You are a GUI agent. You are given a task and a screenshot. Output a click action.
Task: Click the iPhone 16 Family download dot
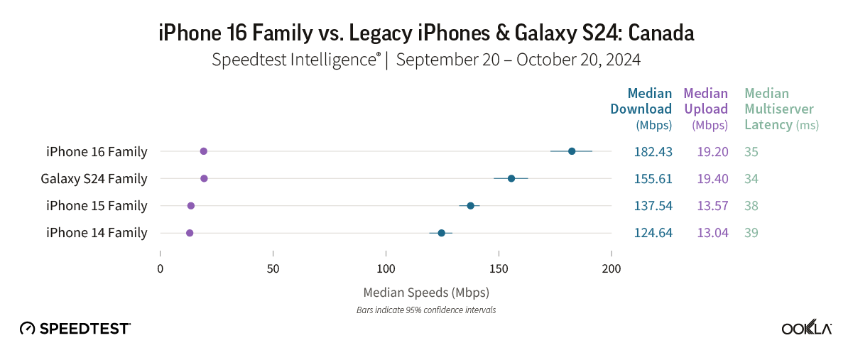pyautogui.click(x=572, y=151)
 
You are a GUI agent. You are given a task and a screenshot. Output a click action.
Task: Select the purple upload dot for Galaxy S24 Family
pyautogui.click(x=204, y=178)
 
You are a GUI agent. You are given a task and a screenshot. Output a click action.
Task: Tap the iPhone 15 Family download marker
pyautogui.click(x=470, y=206)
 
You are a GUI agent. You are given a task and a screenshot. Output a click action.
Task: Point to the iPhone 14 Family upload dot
pyautogui.click(x=190, y=233)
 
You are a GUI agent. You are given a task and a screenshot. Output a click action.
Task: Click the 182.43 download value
pyautogui.click(x=653, y=151)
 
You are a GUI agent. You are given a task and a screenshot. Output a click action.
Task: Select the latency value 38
pyautogui.click(x=751, y=206)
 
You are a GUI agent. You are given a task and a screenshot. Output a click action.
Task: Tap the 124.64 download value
pyautogui.click(x=653, y=233)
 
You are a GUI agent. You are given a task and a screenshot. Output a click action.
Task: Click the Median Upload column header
pyautogui.click(x=706, y=109)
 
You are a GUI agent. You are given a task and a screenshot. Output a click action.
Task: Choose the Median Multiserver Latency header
pyautogui.click(x=780, y=109)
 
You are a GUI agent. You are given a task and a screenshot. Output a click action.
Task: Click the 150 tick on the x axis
pyautogui.click(x=499, y=268)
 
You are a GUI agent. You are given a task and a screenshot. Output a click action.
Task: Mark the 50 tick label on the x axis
pyautogui.click(x=273, y=268)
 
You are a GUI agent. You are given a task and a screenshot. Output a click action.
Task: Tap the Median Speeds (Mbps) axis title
pyautogui.click(x=426, y=292)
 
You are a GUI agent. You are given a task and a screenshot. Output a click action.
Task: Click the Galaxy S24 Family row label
pyautogui.click(x=94, y=178)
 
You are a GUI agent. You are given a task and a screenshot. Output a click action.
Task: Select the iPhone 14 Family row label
pyautogui.click(x=97, y=233)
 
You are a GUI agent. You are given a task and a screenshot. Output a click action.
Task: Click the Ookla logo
pyautogui.click(x=807, y=328)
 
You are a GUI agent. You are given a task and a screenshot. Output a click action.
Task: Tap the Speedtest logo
pyautogui.click(x=75, y=328)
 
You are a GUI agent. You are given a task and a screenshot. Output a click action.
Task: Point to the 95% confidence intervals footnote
pyautogui.click(x=426, y=310)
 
